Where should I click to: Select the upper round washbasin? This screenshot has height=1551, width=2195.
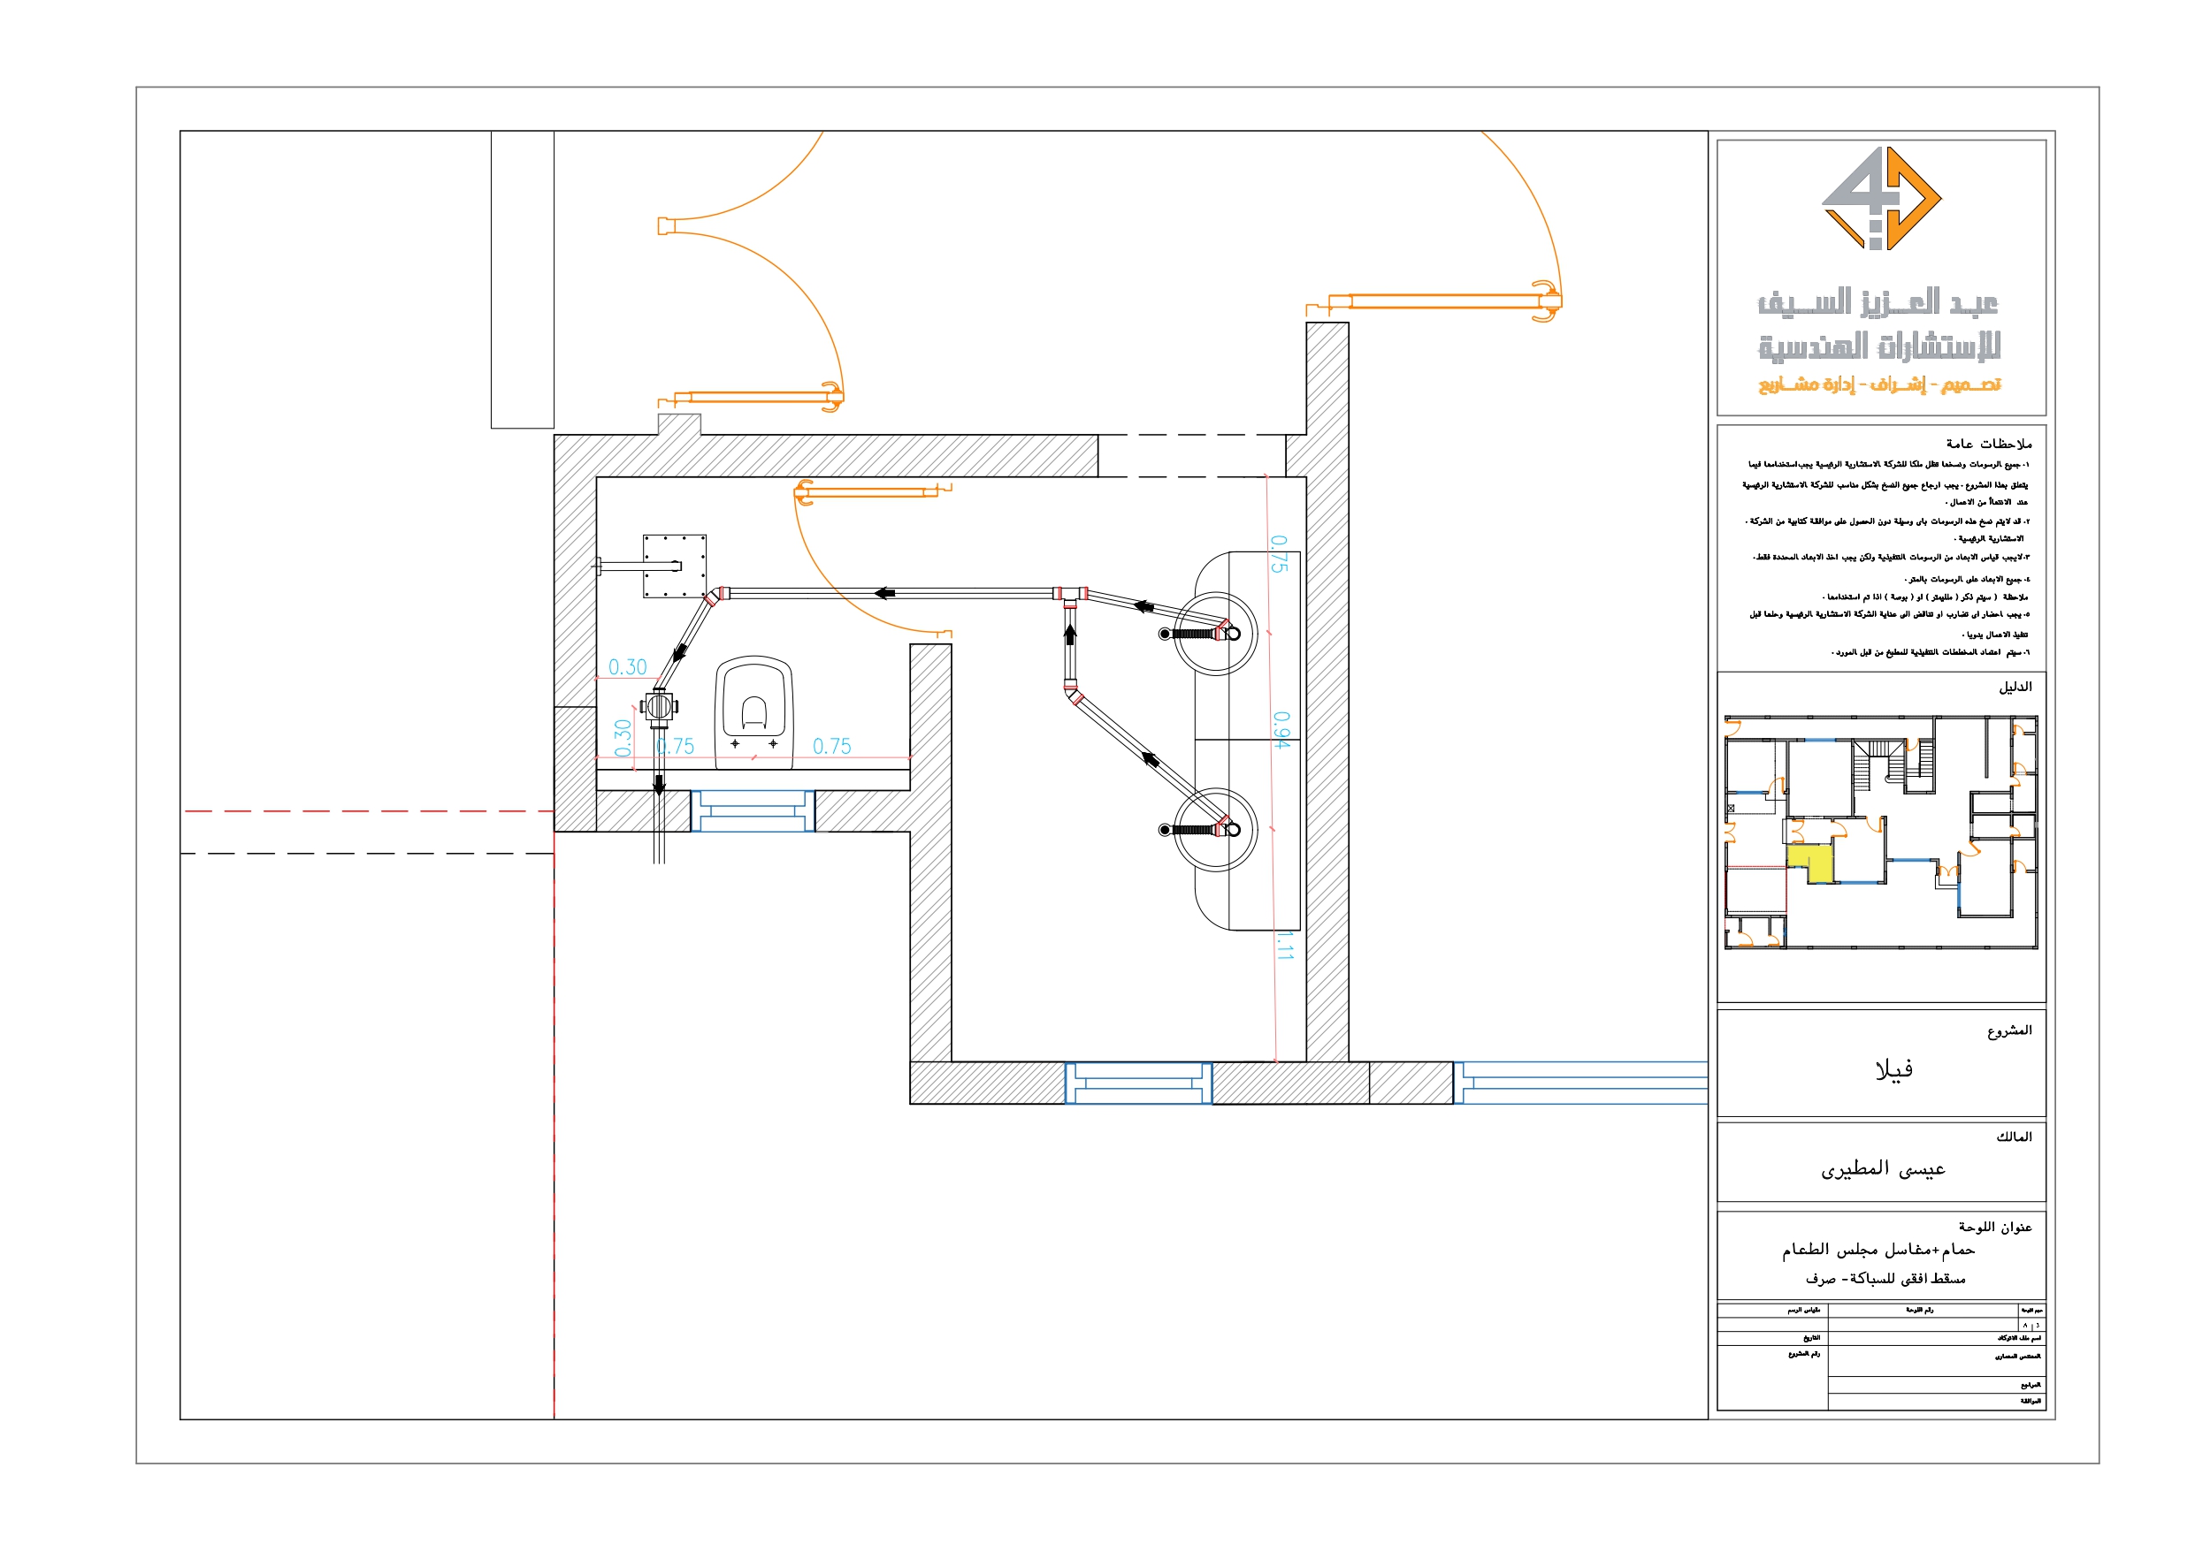coord(1215,634)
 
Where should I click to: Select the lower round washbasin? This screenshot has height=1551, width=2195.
coord(1215,830)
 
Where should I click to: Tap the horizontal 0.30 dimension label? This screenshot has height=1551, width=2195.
coord(627,667)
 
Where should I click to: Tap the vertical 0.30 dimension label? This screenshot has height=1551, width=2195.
coord(623,738)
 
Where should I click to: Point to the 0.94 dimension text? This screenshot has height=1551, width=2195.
coord(1281,729)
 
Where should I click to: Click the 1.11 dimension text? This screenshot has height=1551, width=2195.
coord(1284,947)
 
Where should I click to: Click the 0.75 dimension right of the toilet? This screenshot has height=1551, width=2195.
coord(830,747)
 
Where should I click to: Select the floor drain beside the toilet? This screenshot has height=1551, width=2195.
coord(659,708)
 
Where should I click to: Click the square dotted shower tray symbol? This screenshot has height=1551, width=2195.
coord(674,566)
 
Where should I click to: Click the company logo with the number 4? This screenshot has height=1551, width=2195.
coord(1880,199)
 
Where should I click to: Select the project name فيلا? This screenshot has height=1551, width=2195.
coord(1893,1069)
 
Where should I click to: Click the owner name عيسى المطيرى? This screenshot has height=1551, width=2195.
coord(1883,1168)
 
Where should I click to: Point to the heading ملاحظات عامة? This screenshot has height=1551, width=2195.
coord(1989,444)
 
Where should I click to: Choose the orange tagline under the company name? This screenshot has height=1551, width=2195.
coord(1879,384)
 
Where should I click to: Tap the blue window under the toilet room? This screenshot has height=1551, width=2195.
coord(753,811)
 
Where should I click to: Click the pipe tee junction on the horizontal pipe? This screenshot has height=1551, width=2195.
coord(1070,595)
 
